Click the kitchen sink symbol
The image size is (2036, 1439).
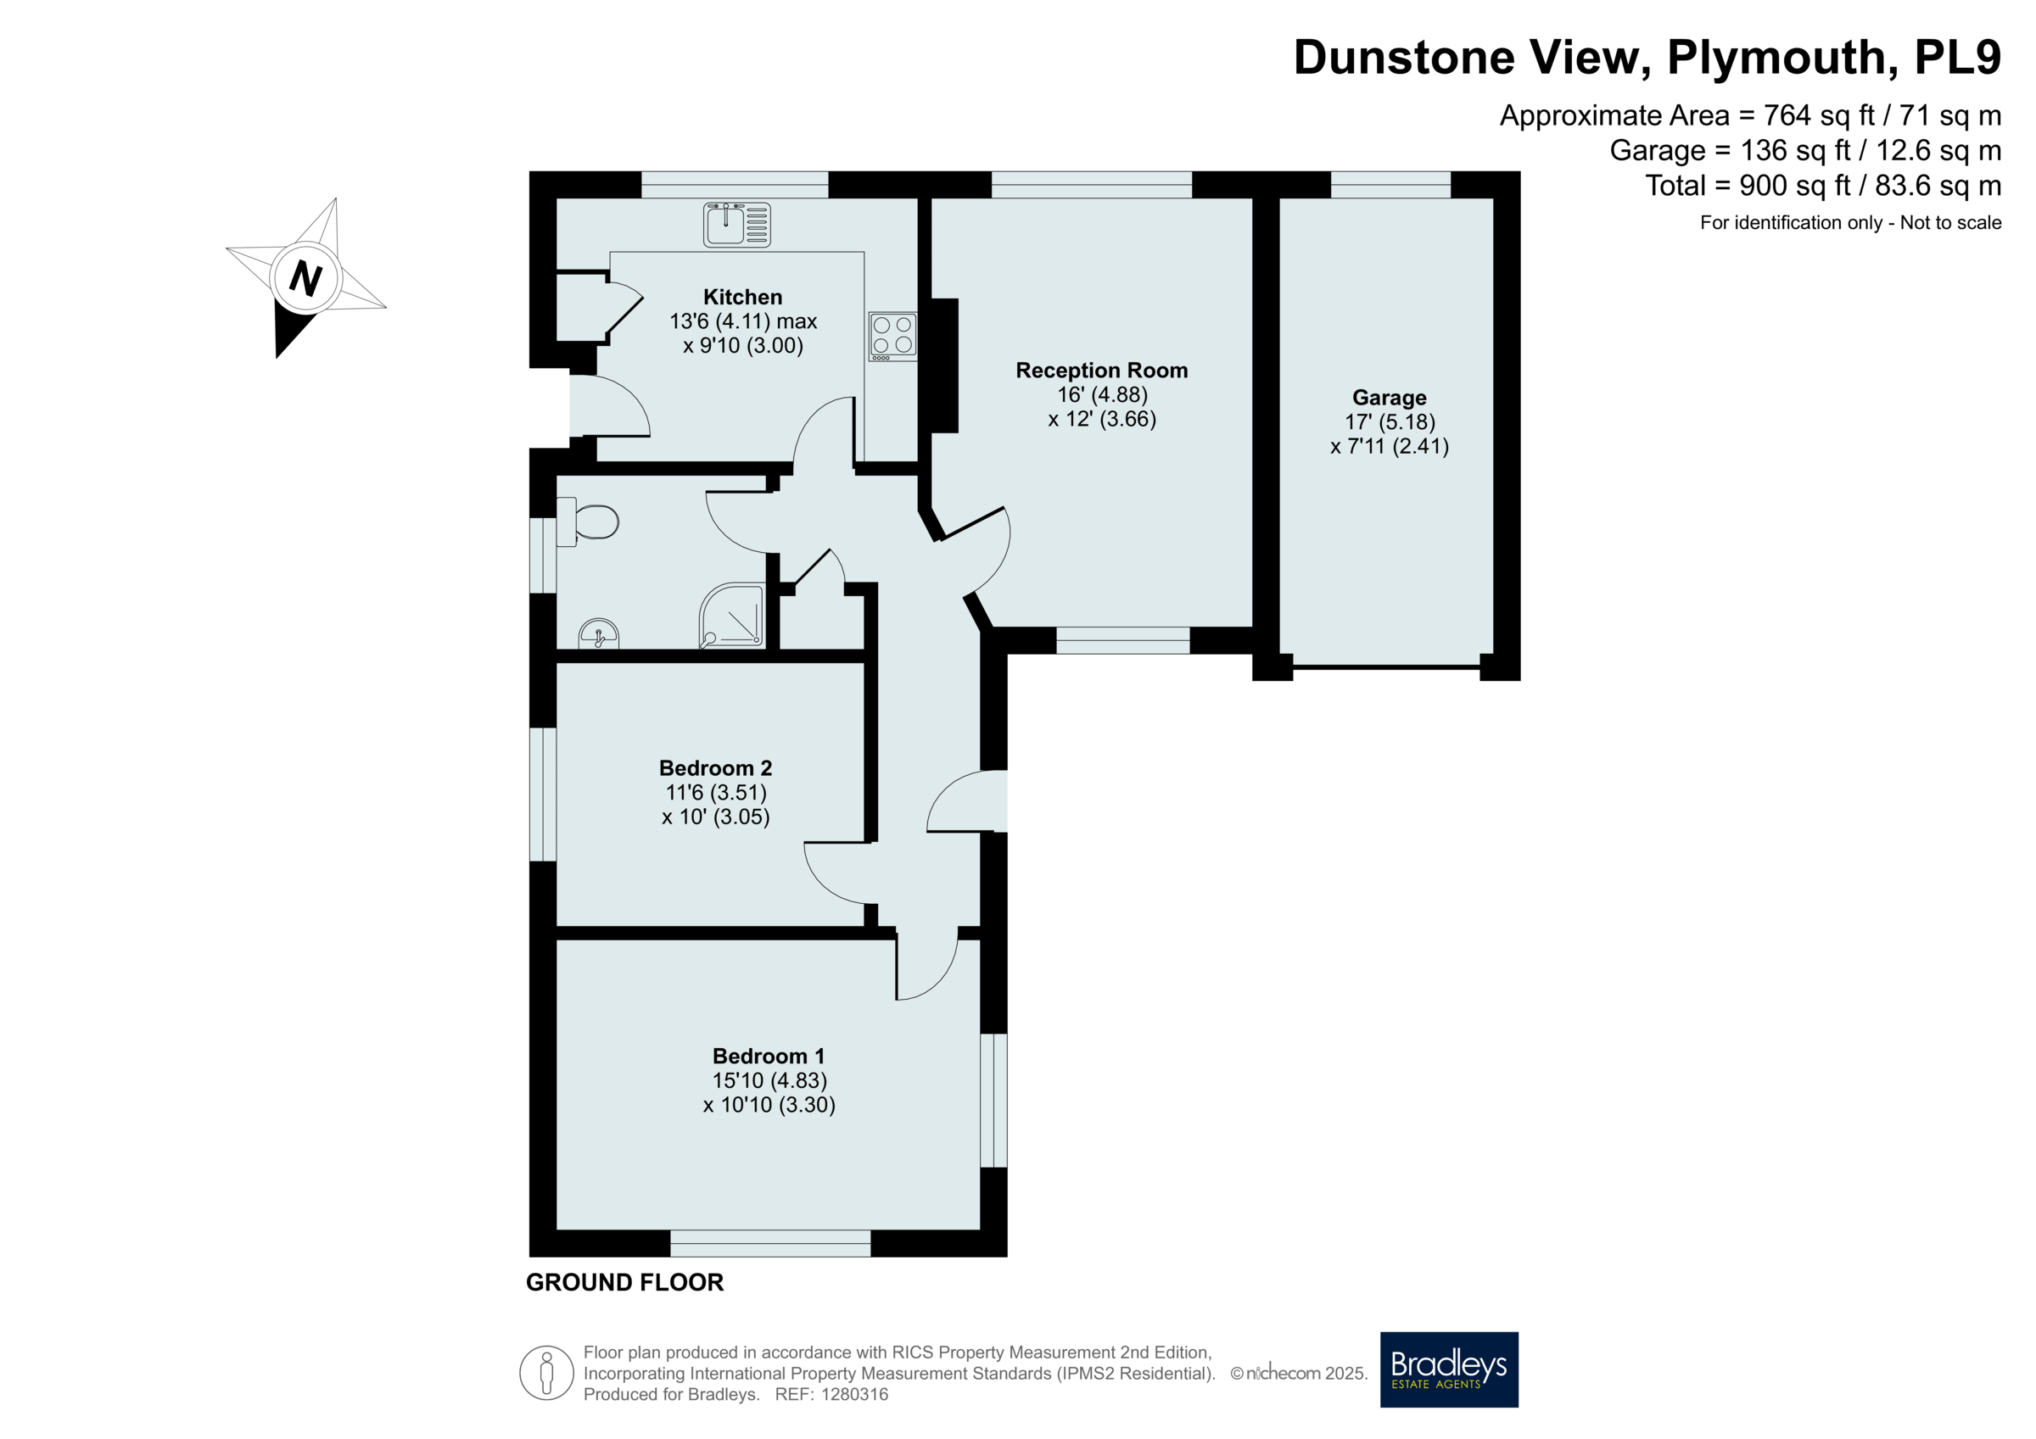coord(737,225)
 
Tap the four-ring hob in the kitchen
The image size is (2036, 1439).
coord(892,336)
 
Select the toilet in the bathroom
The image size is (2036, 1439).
coord(587,521)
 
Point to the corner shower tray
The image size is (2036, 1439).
coord(731,616)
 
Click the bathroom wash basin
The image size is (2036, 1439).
coord(599,634)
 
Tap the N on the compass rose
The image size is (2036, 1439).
coord(305,278)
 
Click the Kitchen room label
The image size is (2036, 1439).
coord(743,297)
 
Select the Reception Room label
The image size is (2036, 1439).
coord(1101,371)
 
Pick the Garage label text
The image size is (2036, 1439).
coord(1389,398)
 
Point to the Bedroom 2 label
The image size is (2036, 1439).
coord(716,767)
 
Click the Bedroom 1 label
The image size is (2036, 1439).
coord(769,1056)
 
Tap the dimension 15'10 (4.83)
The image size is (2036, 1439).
coord(769,1081)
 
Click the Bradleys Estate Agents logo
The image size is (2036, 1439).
coord(1449,1369)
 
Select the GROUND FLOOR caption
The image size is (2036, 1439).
coord(625,1282)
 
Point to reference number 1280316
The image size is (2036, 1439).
coord(855,1395)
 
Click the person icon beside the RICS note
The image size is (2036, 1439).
coord(546,1373)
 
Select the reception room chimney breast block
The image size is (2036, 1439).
coord(944,365)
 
